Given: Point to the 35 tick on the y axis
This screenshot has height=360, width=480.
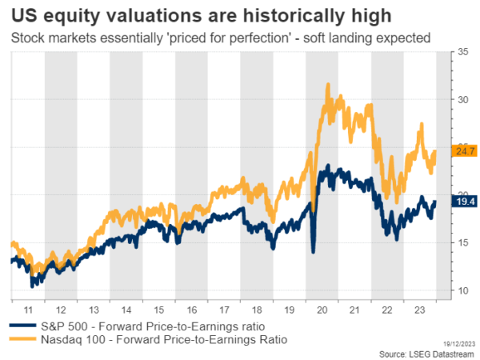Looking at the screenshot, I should pyautogui.click(x=462, y=52).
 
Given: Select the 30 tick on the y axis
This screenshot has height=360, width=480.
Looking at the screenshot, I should pyautogui.click(x=462, y=100).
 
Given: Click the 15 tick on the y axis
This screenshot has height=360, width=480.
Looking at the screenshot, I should pyautogui.click(x=462, y=242).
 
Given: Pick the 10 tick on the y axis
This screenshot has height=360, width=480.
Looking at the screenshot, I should pyautogui.click(x=462, y=290).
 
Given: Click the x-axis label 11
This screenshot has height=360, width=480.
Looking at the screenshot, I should pyautogui.click(x=27, y=309).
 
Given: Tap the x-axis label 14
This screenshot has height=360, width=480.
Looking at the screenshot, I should pyautogui.click(x=126, y=309).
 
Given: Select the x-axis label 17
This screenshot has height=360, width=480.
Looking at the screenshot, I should pyautogui.click(x=223, y=309).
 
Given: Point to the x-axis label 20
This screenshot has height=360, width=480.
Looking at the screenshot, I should pyautogui.click(x=322, y=309).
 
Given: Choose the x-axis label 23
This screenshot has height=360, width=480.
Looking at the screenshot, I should pyautogui.click(x=419, y=309).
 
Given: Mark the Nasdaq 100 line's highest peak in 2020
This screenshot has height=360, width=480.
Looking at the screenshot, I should pyautogui.click(x=328, y=84).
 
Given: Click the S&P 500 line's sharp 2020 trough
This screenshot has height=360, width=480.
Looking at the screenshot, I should pyautogui.click(x=313, y=252).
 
